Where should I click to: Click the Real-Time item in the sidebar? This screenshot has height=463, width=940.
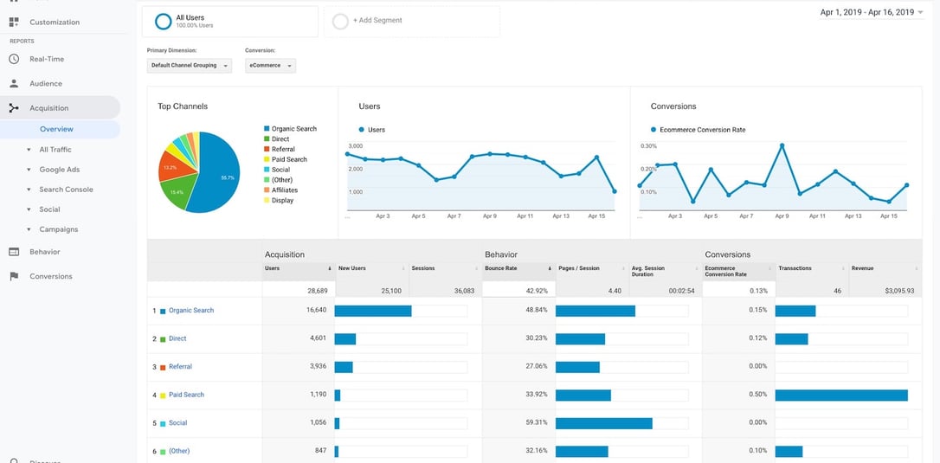coord(47,59)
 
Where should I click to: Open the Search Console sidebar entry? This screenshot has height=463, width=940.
coord(66,190)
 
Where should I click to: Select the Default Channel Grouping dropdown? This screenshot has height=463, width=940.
coord(190,66)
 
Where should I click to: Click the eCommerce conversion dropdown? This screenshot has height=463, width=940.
coord(270,66)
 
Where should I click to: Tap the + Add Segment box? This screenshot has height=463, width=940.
coord(411,21)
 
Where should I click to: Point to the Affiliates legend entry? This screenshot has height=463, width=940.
coord(284,190)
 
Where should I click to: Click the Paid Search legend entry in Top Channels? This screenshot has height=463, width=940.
coord(289,159)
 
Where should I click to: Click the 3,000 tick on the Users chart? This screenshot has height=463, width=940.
coord(355,145)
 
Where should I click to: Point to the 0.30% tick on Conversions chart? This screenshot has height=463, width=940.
coord(648,145)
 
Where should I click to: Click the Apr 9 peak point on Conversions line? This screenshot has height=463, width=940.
coord(781,145)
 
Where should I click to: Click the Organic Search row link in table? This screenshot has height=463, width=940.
coord(191,311)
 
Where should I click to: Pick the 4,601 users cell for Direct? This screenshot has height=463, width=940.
coord(317,338)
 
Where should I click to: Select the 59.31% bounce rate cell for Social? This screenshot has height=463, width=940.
coord(536,423)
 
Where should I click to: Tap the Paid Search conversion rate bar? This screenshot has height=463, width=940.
coord(841,395)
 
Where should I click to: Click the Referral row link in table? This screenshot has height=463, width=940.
coord(180,367)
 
